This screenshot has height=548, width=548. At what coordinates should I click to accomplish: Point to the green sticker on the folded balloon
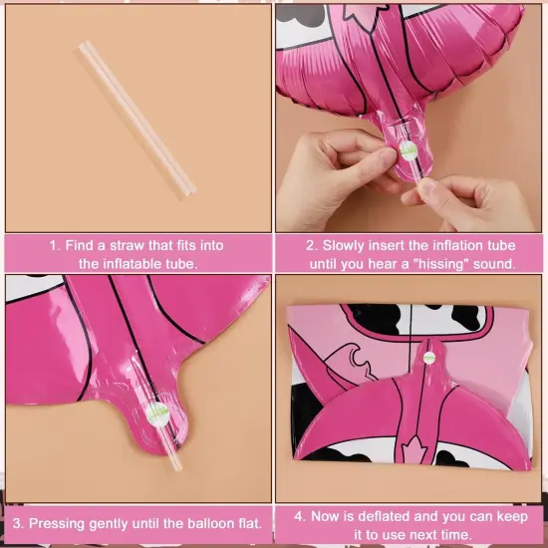coord(429,356)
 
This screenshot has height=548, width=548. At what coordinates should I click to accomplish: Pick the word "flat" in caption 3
coord(248,523)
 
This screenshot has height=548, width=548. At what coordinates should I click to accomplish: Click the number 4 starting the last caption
coord(300,516)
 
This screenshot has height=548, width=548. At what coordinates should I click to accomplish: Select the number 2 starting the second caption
coord(309,245)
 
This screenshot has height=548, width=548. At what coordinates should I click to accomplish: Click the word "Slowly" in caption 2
coord(346,245)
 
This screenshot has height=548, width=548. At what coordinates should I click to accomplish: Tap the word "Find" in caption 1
coord(82,245)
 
